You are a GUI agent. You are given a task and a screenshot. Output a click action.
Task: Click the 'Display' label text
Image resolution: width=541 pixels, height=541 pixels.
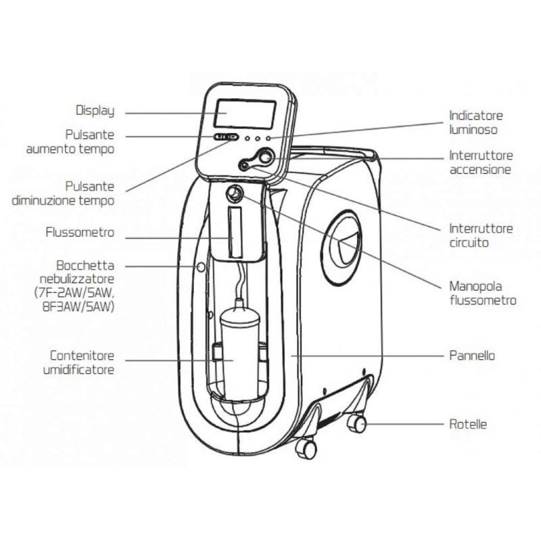tap(95, 111)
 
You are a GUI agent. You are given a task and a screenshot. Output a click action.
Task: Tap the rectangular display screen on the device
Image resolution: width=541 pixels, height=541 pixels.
tap(244, 113)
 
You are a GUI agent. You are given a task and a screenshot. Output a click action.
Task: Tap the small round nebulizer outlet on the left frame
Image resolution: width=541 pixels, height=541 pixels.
tap(199, 267)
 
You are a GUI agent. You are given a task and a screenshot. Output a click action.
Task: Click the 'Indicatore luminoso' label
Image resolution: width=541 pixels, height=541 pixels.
tap(476, 122)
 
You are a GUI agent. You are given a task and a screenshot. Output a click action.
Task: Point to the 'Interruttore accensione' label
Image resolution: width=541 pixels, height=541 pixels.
tap(480, 162)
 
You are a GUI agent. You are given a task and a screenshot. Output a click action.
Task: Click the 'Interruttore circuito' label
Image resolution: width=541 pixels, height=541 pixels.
tap(480, 235)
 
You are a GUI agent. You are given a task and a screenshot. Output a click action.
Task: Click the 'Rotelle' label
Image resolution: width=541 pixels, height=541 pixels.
tap(468, 425)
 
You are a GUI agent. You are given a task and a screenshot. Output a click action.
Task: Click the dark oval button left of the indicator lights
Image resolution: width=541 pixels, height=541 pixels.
tap(224, 137)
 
